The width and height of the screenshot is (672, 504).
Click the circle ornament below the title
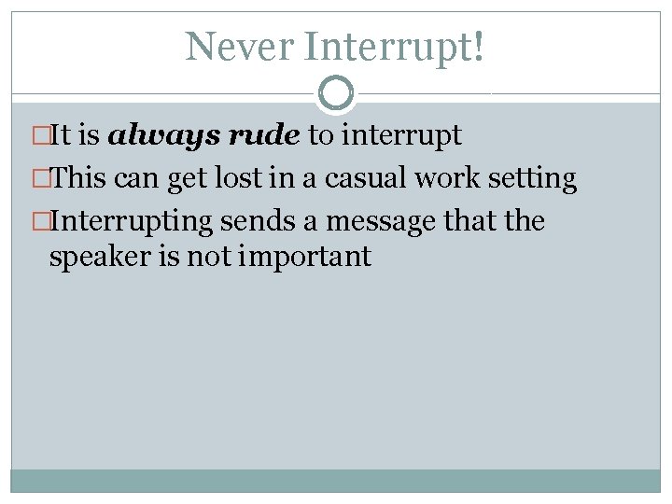[336, 93]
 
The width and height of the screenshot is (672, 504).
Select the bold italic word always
[152, 136]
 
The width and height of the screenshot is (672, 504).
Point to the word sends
[254, 222]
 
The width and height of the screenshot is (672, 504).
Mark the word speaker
[99, 257]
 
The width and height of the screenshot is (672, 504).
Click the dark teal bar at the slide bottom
[336, 480]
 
